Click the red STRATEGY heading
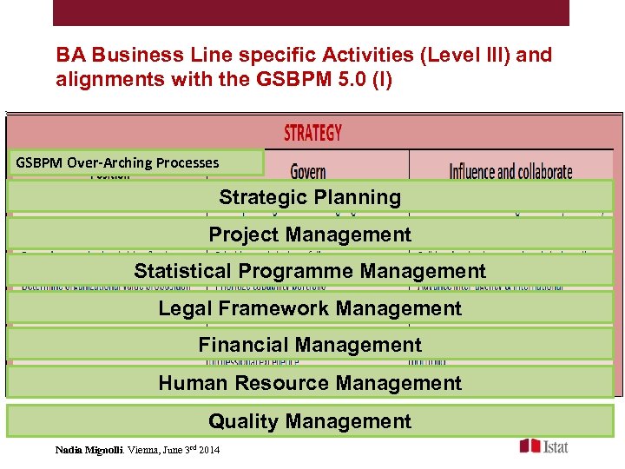pos(312,133)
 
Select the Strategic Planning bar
pos(310,197)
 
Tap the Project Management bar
pos(310,234)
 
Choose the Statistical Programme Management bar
pos(310,271)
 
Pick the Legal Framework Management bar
pos(310,308)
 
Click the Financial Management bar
pos(310,346)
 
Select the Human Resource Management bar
pos(310,383)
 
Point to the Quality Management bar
pos(310,421)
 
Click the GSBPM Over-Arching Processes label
pos(117,162)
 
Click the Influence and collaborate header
pos(510,170)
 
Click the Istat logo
pos(544,446)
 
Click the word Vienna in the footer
pos(143,450)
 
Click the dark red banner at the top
pos(311,12)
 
